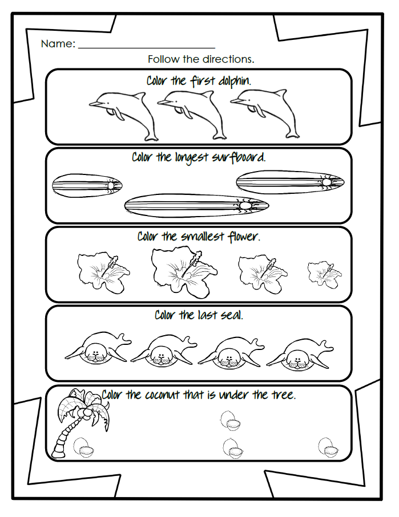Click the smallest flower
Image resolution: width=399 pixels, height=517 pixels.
[x=324, y=274]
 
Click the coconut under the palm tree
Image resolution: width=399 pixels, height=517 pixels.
[x=85, y=447]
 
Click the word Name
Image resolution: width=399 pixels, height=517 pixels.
[x=58, y=44]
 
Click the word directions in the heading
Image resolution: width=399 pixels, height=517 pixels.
[x=231, y=59]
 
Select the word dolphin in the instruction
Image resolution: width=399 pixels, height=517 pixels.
[x=233, y=81]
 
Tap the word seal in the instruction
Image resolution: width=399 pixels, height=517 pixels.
[x=231, y=315]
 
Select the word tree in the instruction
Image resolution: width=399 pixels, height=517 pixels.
[x=283, y=394]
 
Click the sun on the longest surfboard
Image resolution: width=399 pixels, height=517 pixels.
[x=245, y=204]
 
